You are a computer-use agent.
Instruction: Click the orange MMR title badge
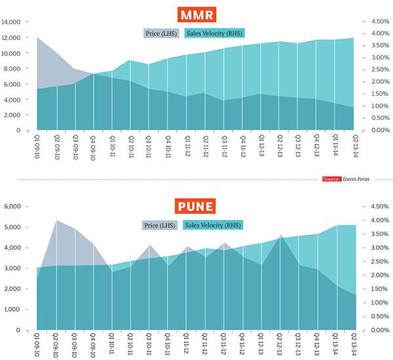(196, 14)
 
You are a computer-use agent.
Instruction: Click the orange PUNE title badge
(196, 208)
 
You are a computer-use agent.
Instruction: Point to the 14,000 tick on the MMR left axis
(14, 22)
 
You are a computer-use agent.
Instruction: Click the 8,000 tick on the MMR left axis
(16, 68)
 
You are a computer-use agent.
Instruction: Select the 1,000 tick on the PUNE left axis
(16, 310)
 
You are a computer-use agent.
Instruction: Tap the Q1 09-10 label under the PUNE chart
(37, 344)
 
